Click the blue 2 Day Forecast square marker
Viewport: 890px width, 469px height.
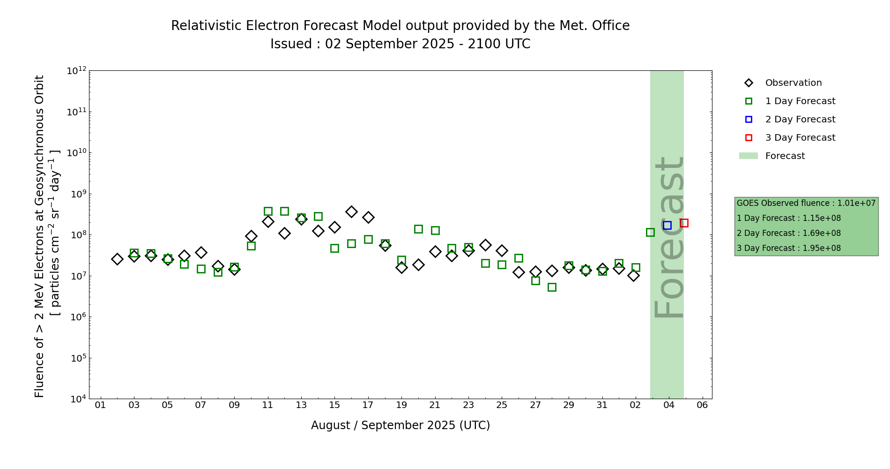click(x=667, y=225)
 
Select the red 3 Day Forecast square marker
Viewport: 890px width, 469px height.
click(x=684, y=223)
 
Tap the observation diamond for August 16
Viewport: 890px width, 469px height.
click(x=351, y=212)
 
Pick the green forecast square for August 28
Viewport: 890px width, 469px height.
click(x=552, y=287)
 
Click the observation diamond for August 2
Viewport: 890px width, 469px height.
click(x=117, y=259)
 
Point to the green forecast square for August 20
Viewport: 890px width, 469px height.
click(x=418, y=229)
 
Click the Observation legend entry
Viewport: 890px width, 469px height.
click(x=793, y=83)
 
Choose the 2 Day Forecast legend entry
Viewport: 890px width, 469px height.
click(x=800, y=120)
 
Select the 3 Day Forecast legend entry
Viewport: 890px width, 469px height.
click(x=800, y=138)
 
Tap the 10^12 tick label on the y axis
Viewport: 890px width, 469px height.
click(x=76, y=71)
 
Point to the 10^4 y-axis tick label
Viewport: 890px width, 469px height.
click(x=76, y=399)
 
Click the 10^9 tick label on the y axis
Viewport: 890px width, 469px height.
click(x=76, y=194)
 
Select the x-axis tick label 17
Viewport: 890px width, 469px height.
click(x=368, y=405)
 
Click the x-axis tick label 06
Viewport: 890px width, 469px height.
click(x=702, y=405)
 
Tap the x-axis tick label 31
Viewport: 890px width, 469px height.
click(x=602, y=405)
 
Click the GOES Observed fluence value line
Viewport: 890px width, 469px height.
click(x=806, y=203)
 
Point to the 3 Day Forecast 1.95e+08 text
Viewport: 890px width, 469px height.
click(x=789, y=248)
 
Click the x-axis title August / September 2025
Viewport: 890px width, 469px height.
click(x=400, y=425)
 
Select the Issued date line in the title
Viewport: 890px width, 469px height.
click(x=400, y=44)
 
